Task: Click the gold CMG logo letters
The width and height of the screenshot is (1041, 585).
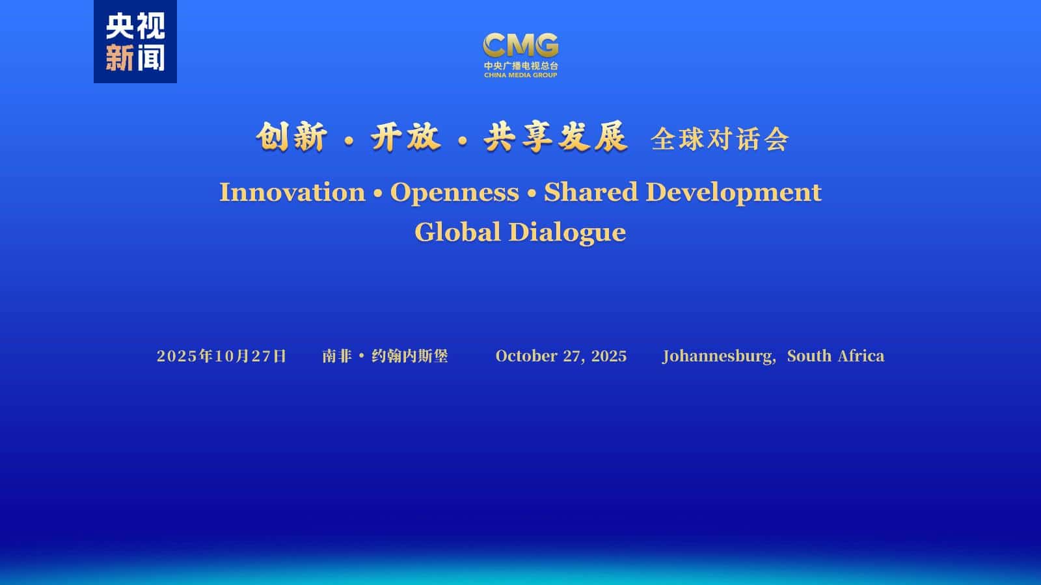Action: pyautogui.click(x=520, y=45)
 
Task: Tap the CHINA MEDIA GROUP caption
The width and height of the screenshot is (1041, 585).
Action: pyautogui.click(x=520, y=75)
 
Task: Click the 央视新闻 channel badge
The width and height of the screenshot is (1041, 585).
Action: pyautogui.click(x=135, y=42)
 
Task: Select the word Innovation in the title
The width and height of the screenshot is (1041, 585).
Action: pyautogui.click(x=292, y=192)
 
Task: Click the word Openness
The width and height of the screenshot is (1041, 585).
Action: pyautogui.click(x=455, y=193)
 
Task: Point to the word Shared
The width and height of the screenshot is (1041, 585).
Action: pyautogui.click(x=591, y=192)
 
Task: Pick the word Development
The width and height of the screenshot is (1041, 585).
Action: pyautogui.click(x=733, y=193)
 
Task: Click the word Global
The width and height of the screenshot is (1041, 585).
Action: pyautogui.click(x=457, y=231)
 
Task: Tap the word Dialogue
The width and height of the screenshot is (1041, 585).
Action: pyautogui.click(x=567, y=233)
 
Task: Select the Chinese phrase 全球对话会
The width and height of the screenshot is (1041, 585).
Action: pyautogui.click(x=720, y=139)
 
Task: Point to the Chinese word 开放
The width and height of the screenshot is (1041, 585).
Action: pyautogui.click(x=405, y=137)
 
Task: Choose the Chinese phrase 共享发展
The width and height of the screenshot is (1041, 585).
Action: pyautogui.click(x=556, y=137)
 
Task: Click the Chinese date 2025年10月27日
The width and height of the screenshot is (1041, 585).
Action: pyautogui.click(x=221, y=356)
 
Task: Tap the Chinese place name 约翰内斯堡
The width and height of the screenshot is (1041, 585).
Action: pyautogui.click(x=409, y=356)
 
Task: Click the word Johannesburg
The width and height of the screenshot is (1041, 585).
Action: pyautogui.click(x=719, y=357)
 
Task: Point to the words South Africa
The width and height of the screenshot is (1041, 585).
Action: pyautogui.click(x=835, y=356)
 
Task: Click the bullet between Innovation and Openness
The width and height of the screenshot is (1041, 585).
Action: pyautogui.click(x=378, y=193)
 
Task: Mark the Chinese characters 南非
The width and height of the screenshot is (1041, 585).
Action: pyautogui.click(x=336, y=356)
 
